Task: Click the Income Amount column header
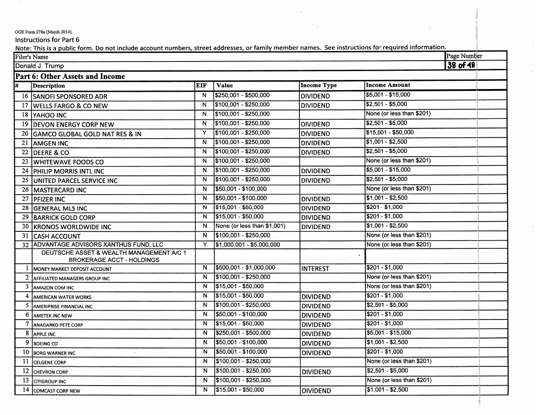(x=387, y=85)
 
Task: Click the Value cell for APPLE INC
(x=243, y=333)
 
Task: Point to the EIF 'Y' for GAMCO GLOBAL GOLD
(x=204, y=133)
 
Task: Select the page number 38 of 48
(x=461, y=65)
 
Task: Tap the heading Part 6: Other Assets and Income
(x=70, y=76)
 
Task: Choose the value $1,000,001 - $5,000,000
(x=248, y=244)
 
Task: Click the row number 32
(x=26, y=245)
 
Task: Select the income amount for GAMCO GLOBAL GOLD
(x=390, y=133)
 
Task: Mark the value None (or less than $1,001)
(x=250, y=226)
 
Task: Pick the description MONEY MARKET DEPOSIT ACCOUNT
(x=72, y=269)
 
